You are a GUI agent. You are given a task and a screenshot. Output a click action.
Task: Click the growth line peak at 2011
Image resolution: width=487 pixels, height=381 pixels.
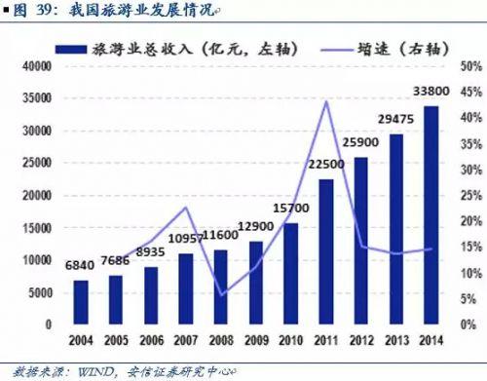(x=325, y=101)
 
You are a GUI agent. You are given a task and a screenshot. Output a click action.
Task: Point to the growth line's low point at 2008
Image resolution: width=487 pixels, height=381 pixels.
(x=221, y=294)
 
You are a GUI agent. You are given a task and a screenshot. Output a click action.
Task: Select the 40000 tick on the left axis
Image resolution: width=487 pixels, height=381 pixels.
(x=36, y=66)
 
